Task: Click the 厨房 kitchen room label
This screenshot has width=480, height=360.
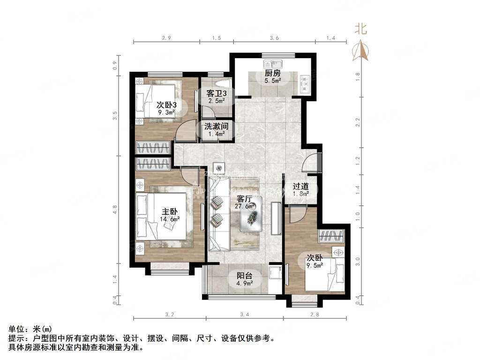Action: tap(272, 73)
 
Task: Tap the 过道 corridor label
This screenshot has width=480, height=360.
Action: tap(300, 186)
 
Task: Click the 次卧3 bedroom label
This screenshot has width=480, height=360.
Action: tap(166, 105)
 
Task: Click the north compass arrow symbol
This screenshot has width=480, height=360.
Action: tap(361, 50)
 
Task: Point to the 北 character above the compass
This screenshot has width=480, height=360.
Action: tap(360, 29)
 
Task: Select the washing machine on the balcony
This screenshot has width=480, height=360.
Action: tap(275, 274)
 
